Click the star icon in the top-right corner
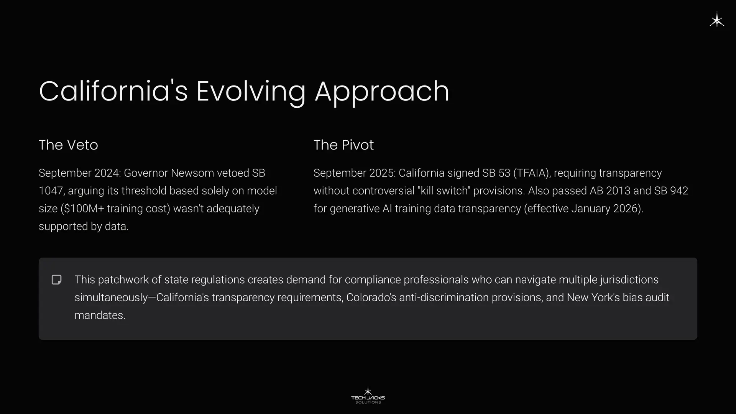(717, 20)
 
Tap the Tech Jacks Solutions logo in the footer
(368, 395)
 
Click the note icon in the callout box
(57, 280)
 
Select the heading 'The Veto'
(68, 145)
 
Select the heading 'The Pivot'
(343, 145)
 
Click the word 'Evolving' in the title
(251, 92)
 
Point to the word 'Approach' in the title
(382, 92)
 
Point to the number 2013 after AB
(618, 191)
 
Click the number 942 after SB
(679, 191)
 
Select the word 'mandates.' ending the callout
(100, 315)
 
